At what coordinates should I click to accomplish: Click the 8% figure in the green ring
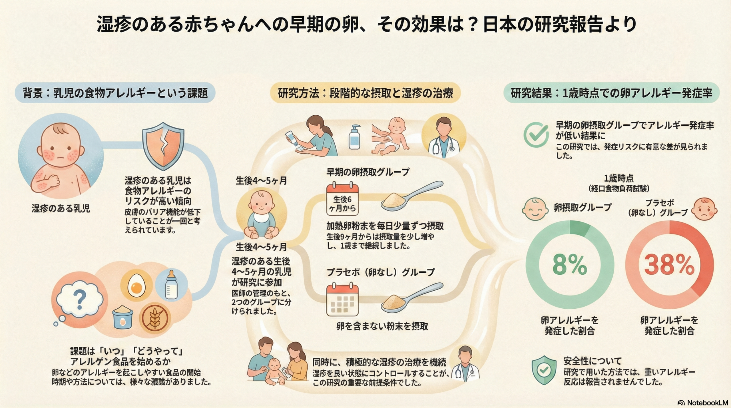(x=570, y=265)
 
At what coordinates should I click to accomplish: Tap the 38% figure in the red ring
(x=669, y=265)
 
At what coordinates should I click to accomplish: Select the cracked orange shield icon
(x=163, y=145)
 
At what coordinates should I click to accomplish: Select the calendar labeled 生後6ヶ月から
(x=342, y=199)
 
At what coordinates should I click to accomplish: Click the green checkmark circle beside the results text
(x=536, y=135)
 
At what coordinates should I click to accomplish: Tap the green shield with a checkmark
(x=544, y=370)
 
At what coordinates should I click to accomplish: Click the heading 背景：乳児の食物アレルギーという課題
(x=115, y=93)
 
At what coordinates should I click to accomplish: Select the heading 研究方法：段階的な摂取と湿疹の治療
(x=365, y=93)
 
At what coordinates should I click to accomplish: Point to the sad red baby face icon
(x=705, y=209)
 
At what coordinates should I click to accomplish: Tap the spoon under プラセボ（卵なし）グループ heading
(x=411, y=298)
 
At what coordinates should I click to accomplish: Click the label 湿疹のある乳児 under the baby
(x=61, y=208)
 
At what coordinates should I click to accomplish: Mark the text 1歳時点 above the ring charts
(x=618, y=178)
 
